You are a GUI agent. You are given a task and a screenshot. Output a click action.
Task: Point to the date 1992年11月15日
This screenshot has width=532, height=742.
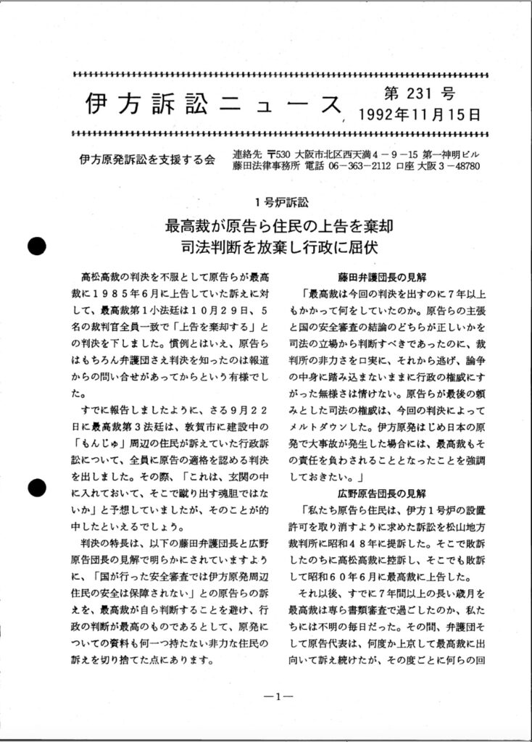419,114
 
